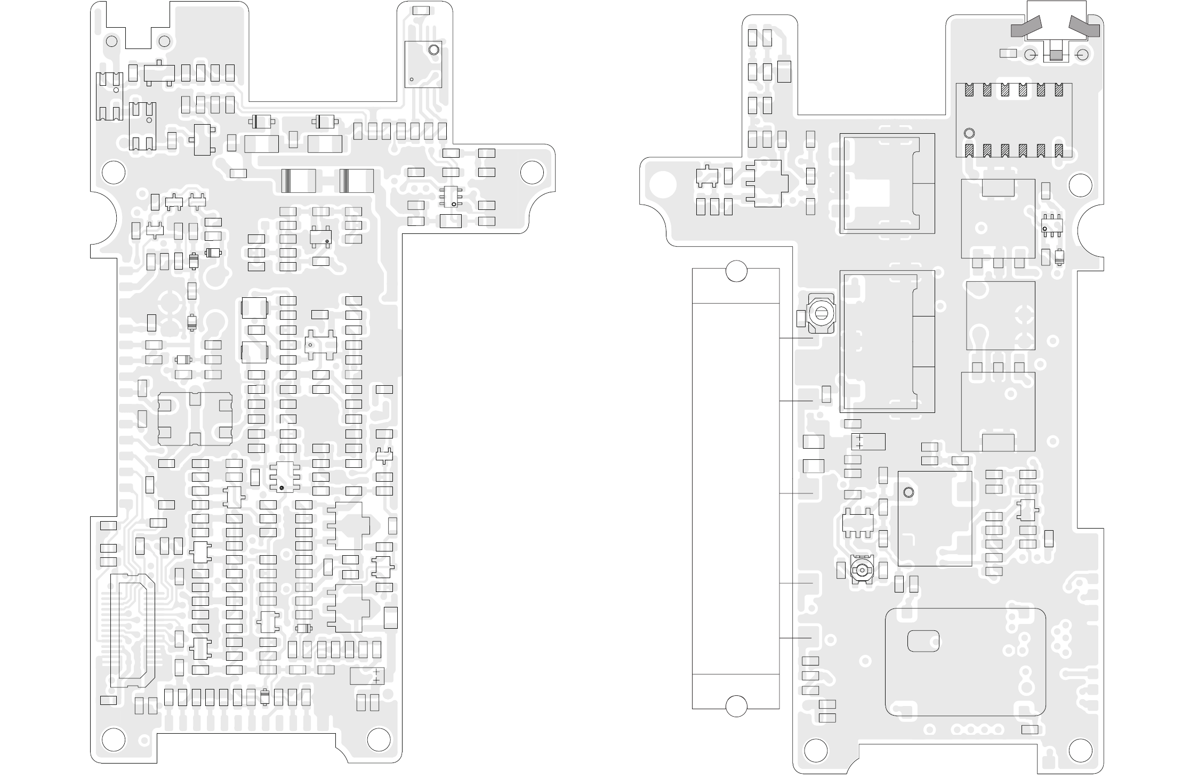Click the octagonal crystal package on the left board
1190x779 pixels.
[x=195, y=419]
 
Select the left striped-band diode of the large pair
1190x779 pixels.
[x=298, y=181]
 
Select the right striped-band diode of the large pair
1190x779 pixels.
[x=356, y=181]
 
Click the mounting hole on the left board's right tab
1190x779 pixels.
[x=532, y=172]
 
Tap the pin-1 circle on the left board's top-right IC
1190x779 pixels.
[x=433, y=51]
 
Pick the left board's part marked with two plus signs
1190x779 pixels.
[x=367, y=676]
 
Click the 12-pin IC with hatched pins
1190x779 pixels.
[x=1014, y=120]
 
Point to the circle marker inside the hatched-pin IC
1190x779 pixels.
[x=969, y=133]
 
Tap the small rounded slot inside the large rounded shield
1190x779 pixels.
[x=923, y=640]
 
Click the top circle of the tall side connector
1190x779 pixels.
[x=737, y=271]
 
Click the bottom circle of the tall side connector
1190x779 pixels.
[x=737, y=706]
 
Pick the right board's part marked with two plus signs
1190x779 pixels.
[x=868, y=442]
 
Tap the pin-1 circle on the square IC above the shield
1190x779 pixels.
[x=908, y=492]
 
